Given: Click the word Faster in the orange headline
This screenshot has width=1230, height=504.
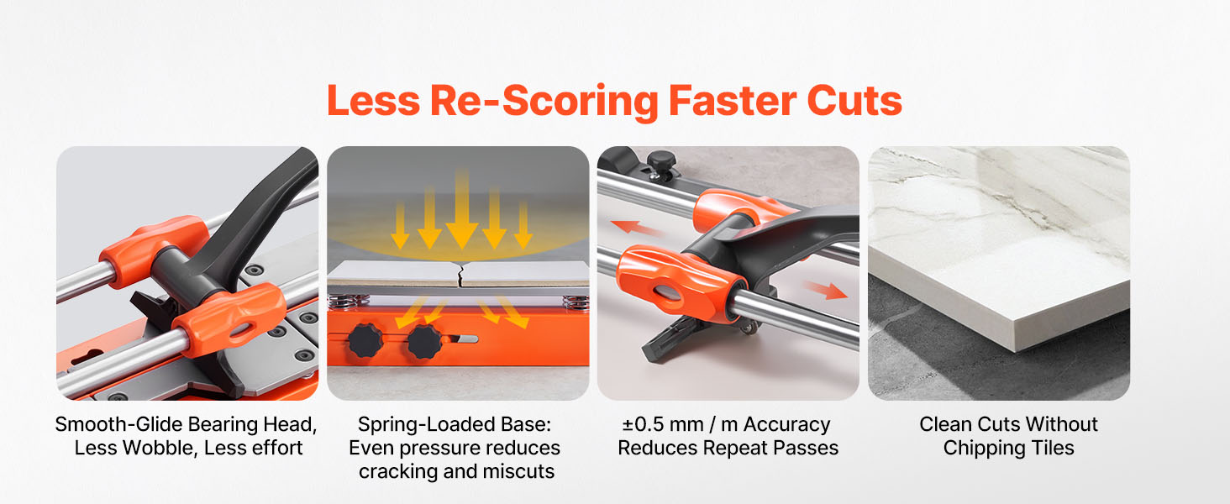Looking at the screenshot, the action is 733,101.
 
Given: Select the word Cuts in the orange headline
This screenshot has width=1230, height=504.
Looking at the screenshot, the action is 854,101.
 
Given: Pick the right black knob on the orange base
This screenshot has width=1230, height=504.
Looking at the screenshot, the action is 424,341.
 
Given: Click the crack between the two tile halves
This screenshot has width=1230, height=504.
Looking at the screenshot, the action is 459,274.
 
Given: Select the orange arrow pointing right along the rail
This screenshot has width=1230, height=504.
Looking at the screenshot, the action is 825,289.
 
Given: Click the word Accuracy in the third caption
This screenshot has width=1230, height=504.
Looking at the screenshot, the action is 787,425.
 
